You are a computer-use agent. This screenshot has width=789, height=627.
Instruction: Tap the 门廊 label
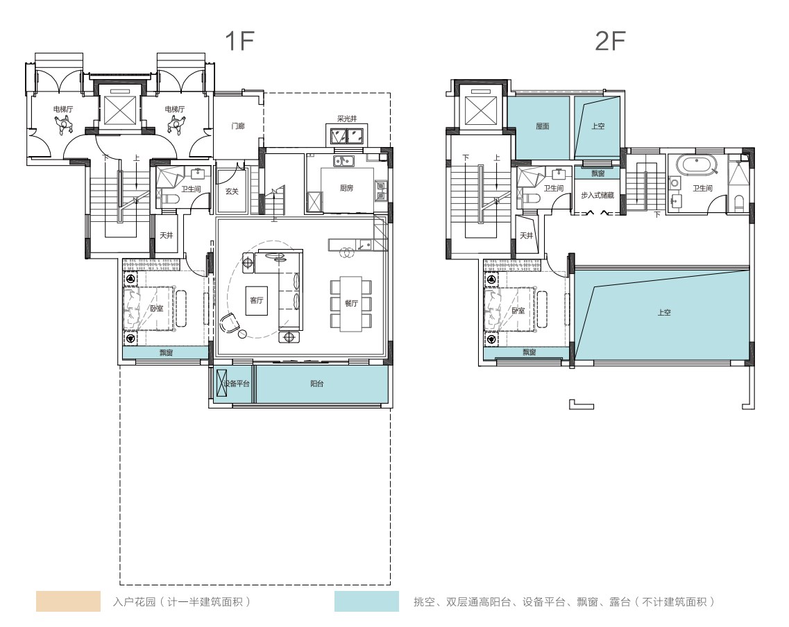pyautogui.click(x=237, y=126)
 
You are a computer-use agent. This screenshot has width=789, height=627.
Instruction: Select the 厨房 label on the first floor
pyautogui.click(x=346, y=188)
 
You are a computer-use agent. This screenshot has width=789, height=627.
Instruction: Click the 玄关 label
pyautogui.click(x=232, y=191)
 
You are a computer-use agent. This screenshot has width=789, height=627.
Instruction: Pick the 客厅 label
pyautogui.click(x=257, y=300)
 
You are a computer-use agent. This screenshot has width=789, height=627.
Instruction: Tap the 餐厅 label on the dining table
pyautogui.click(x=351, y=303)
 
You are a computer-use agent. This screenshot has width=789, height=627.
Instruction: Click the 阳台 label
pyautogui.click(x=317, y=384)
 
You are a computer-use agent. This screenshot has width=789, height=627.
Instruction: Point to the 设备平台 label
pyautogui.click(x=236, y=384)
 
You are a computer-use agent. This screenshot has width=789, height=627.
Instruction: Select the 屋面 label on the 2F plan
pyautogui.click(x=543, y=127)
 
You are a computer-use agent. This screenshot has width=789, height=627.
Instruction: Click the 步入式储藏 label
pyautogui.click(x=597, y=196)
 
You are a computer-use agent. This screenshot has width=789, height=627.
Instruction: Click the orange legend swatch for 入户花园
pyautogui.click(x=68, y=601)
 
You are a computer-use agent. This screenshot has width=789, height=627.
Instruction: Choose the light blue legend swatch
pyautogui.click(x=366, y=601)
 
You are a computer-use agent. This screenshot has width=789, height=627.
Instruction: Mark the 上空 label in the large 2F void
pyautogui.click(x=664, y=313)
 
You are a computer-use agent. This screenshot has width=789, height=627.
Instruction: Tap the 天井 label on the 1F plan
pyautogui.click(x=166, y=235)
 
